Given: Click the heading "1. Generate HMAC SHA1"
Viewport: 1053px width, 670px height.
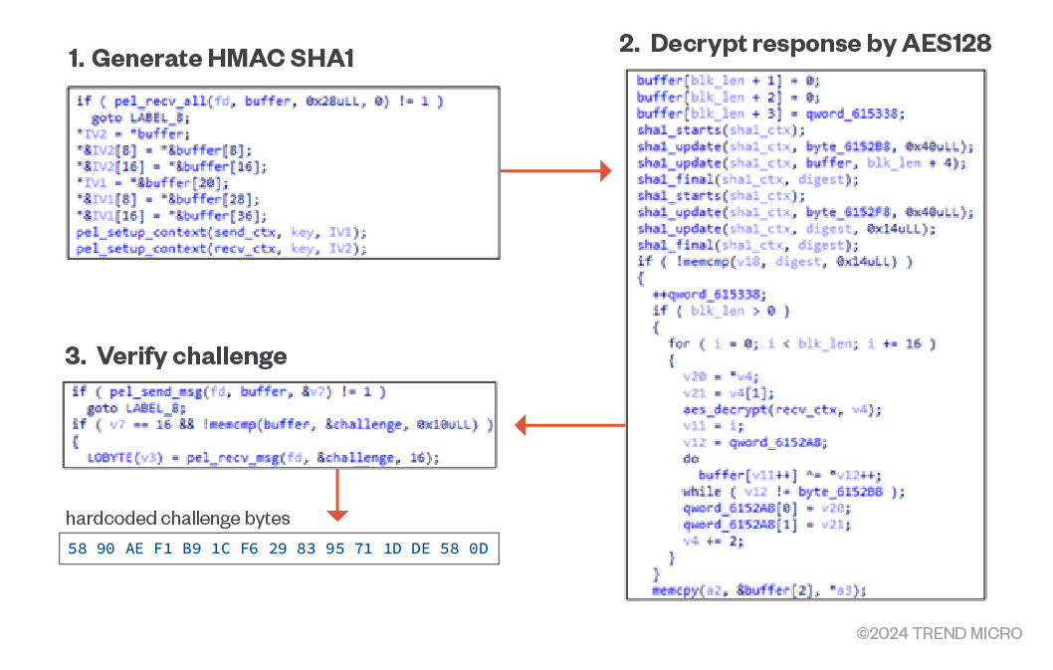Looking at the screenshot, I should pyautogui.click(x=212, y=59).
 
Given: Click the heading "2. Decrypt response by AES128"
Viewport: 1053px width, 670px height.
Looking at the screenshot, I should pyautogui.click(x=805, y=44).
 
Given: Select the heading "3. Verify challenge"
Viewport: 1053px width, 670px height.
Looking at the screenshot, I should pyautogui.click(x=176, y=356).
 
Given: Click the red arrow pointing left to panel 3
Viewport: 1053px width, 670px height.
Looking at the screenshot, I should pyautogui.click(x=568, y=426).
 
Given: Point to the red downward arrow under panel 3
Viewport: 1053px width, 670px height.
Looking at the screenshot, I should pyautogui.click(x=337, y=495).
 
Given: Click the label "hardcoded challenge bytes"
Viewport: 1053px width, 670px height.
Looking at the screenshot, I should pyautogui.click(x=178, y=518).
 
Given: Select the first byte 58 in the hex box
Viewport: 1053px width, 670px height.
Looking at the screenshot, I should pyautogui.click(x=78, y=549).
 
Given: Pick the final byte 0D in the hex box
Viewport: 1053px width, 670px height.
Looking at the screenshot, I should pyautogui.click(x=479, y=549).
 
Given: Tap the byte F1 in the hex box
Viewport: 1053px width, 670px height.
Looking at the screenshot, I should pyautogui.click(x=164, y=549).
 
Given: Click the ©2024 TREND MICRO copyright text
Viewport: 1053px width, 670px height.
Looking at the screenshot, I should pyautogui.click(x=939, y=633).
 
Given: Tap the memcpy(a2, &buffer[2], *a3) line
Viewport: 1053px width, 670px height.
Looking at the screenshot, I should pyautogui.click(x=758, y=590).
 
